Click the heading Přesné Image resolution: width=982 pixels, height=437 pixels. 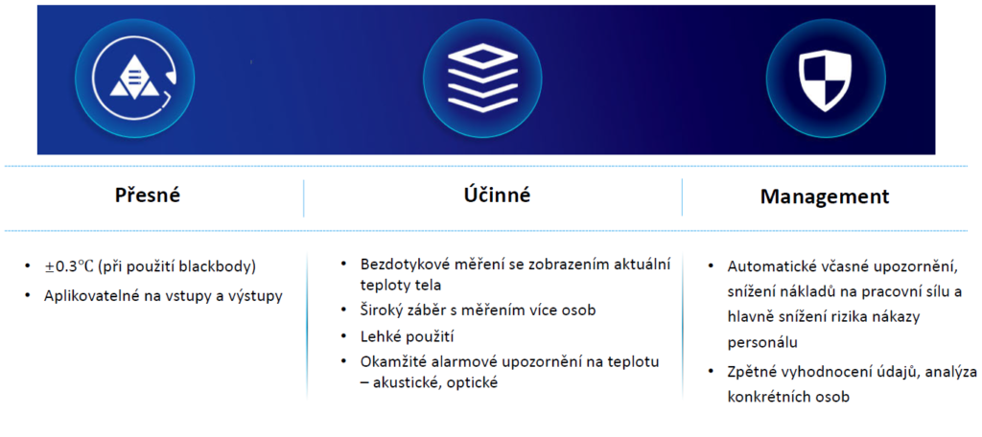(148, 195)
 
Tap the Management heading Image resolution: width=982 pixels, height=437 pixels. (825, 196)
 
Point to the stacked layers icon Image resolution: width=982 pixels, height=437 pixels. (481, 79)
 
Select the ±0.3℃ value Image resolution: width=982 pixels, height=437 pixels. (68, 266)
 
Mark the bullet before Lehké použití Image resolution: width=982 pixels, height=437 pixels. (344, 336)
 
